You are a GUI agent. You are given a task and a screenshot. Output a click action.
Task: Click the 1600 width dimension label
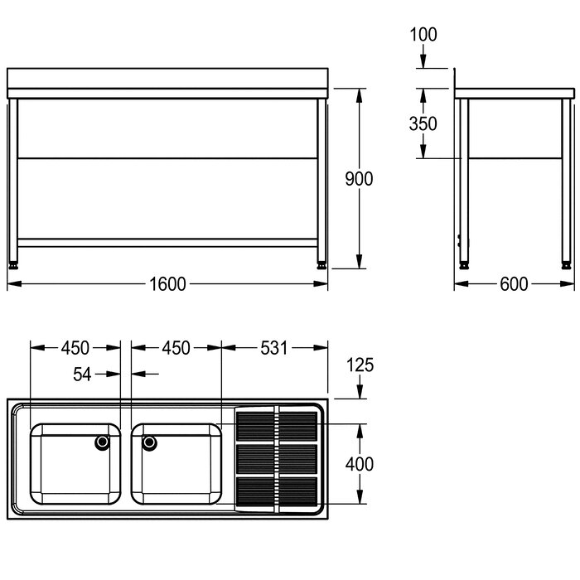(167, 284)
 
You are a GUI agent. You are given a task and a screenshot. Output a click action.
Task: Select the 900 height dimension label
(359, 179)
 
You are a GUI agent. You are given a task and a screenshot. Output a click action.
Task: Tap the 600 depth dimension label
(514, 284)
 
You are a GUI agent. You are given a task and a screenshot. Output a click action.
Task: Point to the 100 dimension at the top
(423, 35)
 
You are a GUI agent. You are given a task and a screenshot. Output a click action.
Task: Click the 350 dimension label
(423, 123)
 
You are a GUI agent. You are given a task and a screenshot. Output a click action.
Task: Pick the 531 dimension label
(273, 348)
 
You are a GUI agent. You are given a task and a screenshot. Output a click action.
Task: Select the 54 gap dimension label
(82, 374)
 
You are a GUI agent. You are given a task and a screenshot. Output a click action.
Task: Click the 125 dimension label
(360, 365)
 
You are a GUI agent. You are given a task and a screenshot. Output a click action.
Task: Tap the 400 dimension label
(360, 464)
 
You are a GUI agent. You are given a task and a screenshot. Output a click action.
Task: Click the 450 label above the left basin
(75, 348)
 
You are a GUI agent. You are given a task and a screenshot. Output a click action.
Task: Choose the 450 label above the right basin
(176, 348)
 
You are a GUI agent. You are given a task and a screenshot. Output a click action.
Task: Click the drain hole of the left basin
(103, 442)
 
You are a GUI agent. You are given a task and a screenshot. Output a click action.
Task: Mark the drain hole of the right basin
(149, 442)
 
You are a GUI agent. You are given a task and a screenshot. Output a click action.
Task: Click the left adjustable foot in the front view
(14, 265)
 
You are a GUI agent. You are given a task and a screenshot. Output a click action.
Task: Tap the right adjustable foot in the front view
(321, 265)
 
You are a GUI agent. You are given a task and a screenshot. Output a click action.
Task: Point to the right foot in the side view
(566, 265)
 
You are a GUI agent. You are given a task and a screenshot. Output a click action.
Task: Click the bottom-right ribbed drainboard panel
(298, 491)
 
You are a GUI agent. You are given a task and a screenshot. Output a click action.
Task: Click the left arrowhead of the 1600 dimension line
(14, 283)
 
